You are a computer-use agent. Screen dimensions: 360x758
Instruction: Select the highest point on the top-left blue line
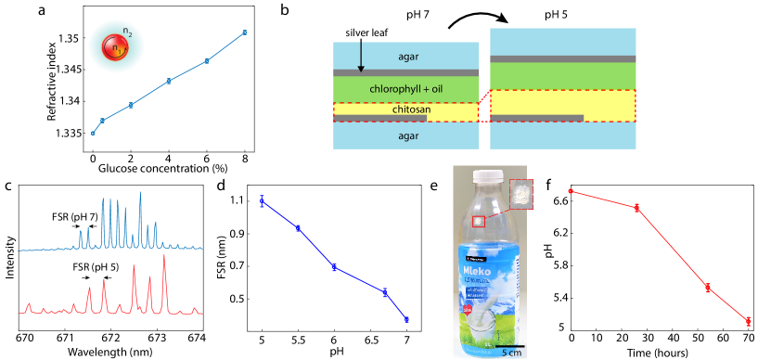pos(244,32)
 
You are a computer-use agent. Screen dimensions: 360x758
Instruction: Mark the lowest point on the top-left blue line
pos(93,133)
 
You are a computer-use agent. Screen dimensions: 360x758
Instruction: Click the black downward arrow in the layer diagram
pos(361,57)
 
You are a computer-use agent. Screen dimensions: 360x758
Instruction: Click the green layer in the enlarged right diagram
pos(562,75)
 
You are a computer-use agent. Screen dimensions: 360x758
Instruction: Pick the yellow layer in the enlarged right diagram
pos(562,104)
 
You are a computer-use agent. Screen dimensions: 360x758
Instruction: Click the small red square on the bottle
pos(479,221)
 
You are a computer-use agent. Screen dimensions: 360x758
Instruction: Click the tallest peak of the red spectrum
pos(164,258)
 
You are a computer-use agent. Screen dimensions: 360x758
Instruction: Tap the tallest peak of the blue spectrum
pos(140,194)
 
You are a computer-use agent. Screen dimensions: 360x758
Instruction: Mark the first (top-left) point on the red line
pos(572,192)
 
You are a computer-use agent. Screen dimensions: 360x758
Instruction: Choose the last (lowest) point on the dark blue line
pos(406,319)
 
